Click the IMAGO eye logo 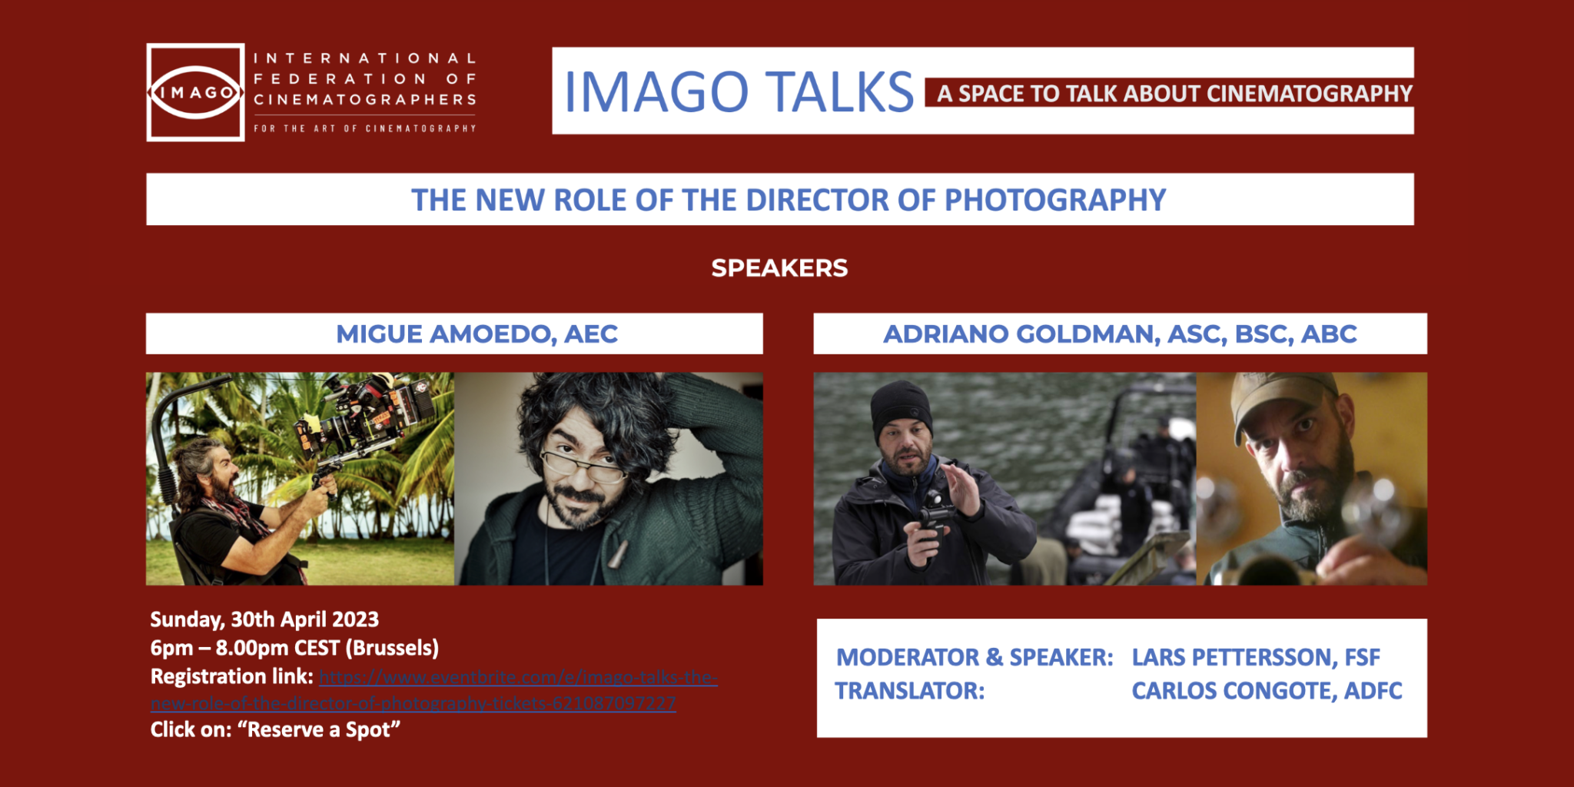pyautogui.click(x=195, y=92)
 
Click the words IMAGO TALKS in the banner pyautogui.click(x=738, y=92)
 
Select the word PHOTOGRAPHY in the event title pyautogui.click(x=1054, y=200)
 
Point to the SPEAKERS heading pyautogui.click(x=779, y=268)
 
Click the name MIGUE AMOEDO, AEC pyautogui.click(x=477, y=334)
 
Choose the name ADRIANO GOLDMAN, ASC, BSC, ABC pyautogui.click(x=1120, y=334)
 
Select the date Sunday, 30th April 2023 pyautogui.click(x=264, y=619)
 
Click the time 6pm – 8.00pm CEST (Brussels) pyautogui.click(x=294, y=648)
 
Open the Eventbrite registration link pyautogui.click(x=517, y=678)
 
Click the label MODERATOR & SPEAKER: pyautogui.click(x=974, y=658)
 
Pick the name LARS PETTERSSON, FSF pyautogui.click(x=1256, y=658)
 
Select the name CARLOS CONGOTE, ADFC pyautogui.click(x=1267, y=691)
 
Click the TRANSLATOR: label pyautogui.click(x=909, y=691)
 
